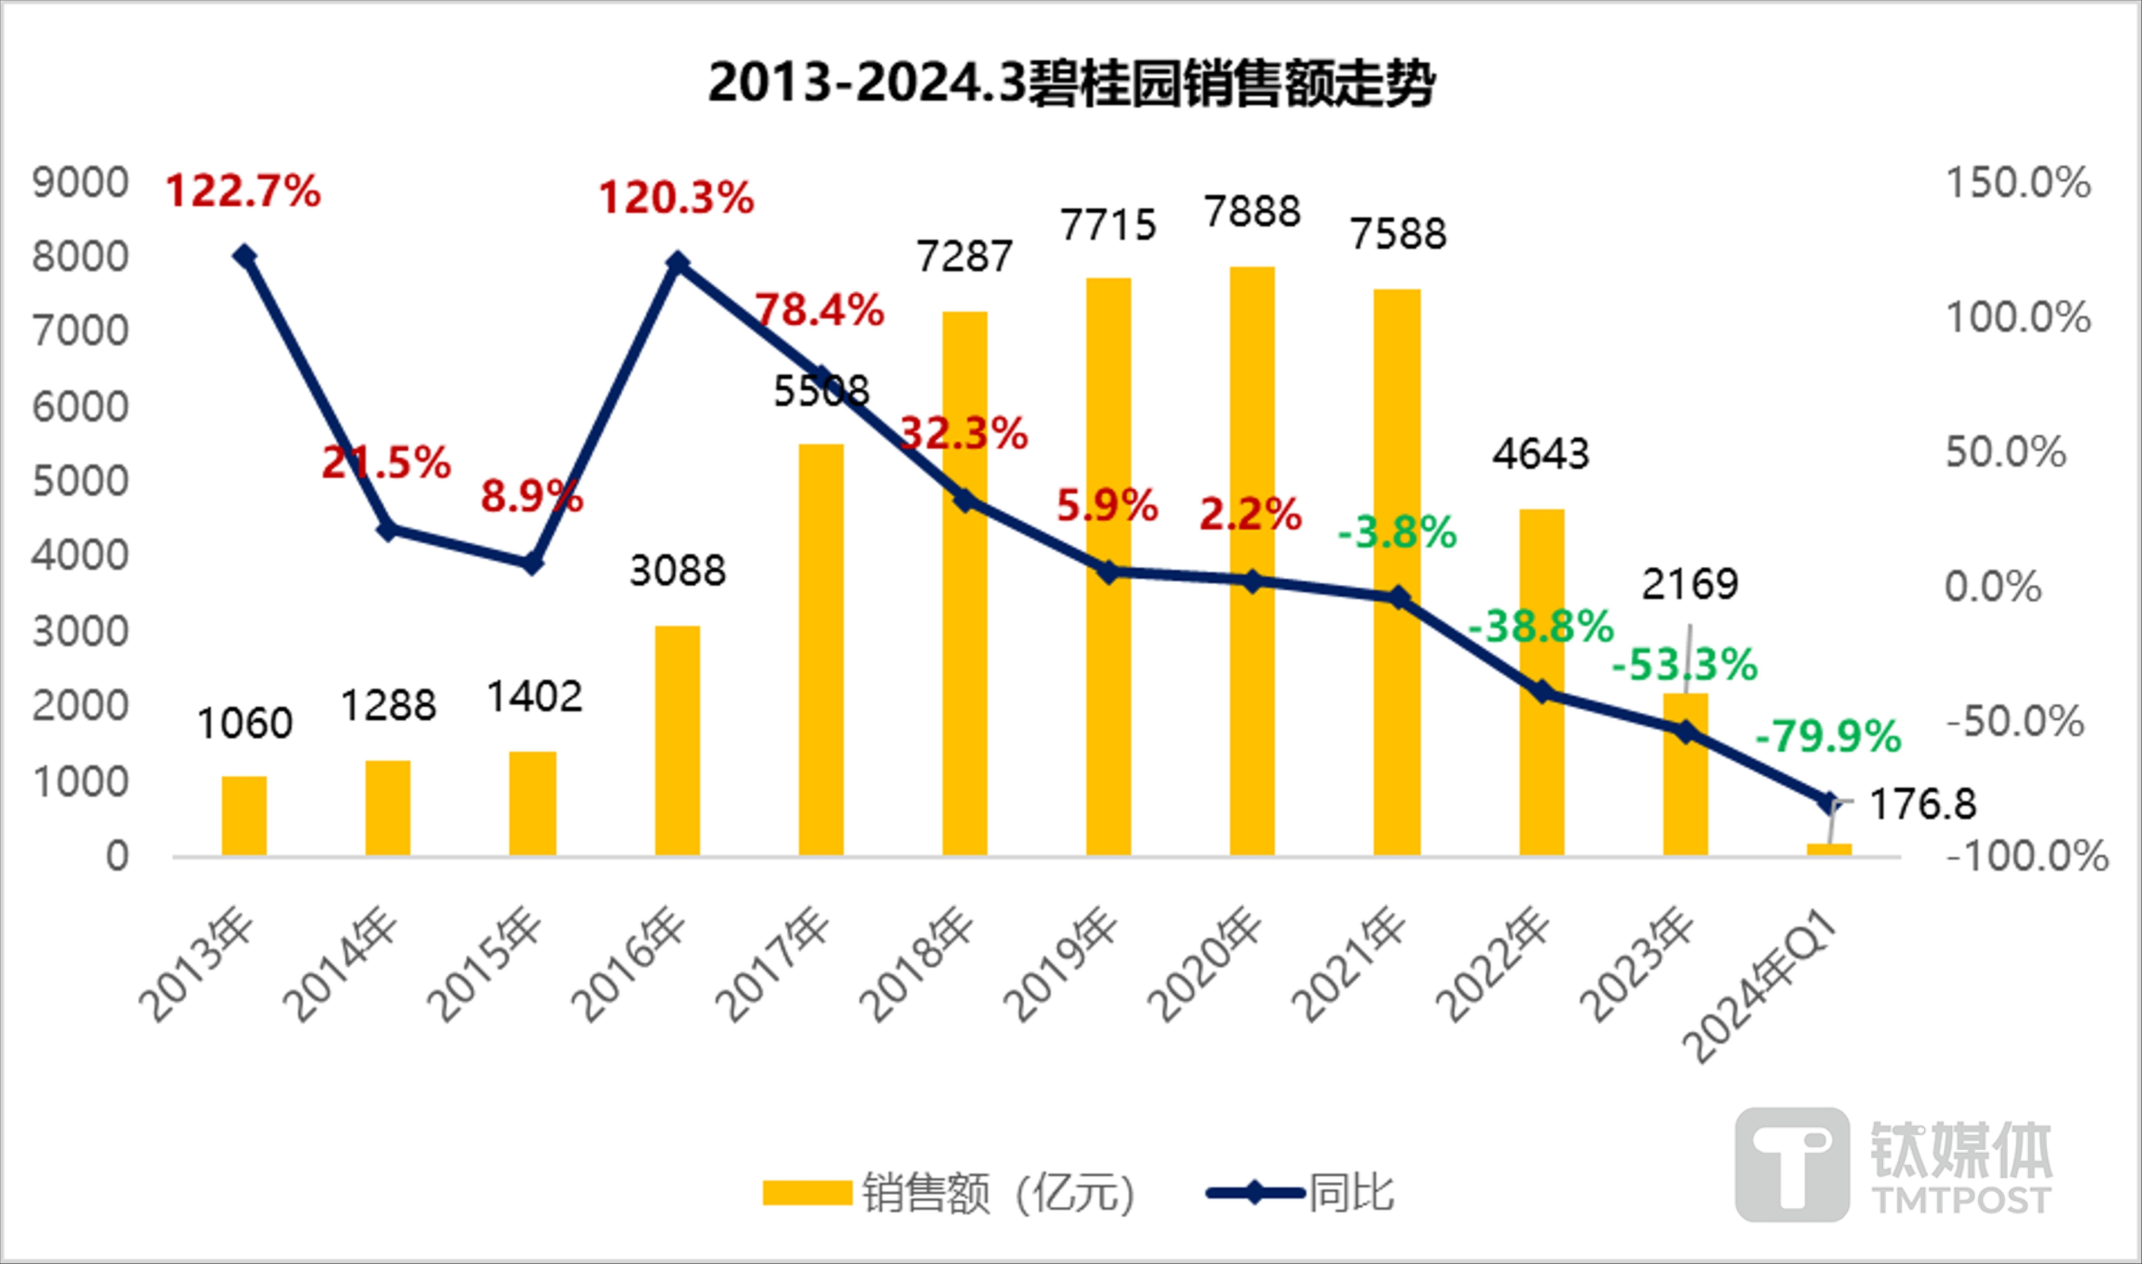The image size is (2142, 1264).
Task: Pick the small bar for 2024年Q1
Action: click(1829, 849)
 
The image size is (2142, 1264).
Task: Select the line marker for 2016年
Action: click(677, 263)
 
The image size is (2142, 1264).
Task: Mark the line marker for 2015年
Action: click(531, 564)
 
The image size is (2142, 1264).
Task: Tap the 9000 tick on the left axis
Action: click(80, 182)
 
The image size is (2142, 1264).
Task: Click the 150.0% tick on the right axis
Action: click(2018, 182)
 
